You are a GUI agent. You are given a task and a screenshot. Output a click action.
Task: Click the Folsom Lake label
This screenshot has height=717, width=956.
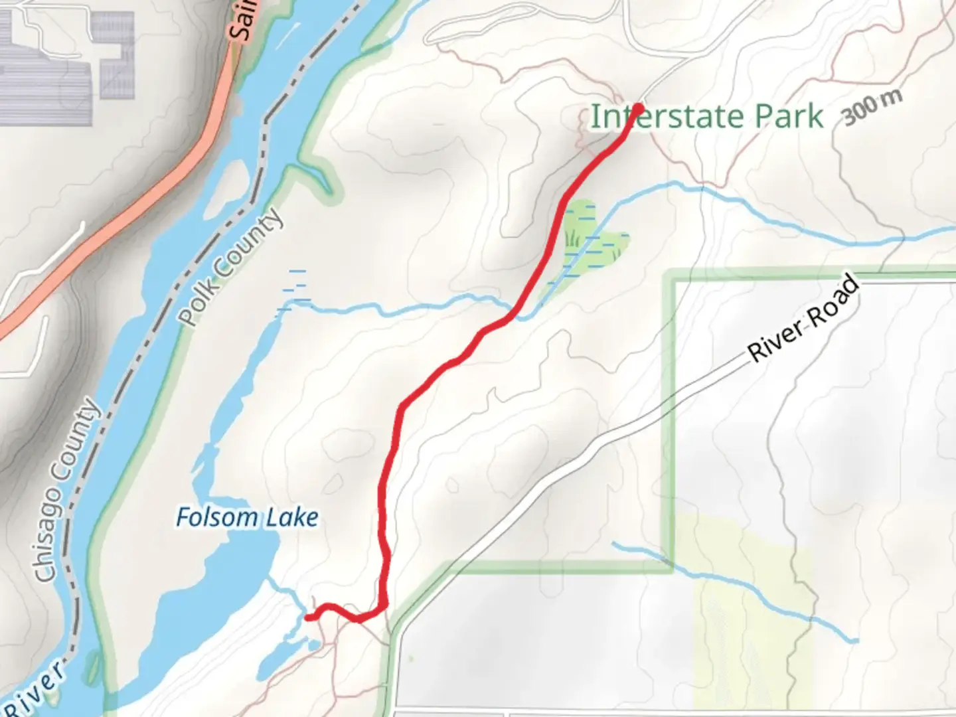247,517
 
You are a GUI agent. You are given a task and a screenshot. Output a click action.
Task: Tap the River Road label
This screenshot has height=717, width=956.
804,320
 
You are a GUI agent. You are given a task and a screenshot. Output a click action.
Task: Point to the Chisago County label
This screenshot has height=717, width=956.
66,492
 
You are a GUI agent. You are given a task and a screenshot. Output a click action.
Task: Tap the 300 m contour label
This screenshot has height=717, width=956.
872,106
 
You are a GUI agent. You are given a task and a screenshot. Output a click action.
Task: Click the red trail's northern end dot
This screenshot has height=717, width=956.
639,108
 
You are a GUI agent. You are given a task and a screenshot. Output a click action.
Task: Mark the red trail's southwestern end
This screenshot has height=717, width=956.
308,617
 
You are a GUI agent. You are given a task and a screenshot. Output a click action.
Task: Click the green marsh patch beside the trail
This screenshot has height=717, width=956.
597,246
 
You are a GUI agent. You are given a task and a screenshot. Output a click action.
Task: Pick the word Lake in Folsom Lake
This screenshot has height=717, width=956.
292,517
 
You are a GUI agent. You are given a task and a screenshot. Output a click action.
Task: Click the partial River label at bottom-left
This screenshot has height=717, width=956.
40,690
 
